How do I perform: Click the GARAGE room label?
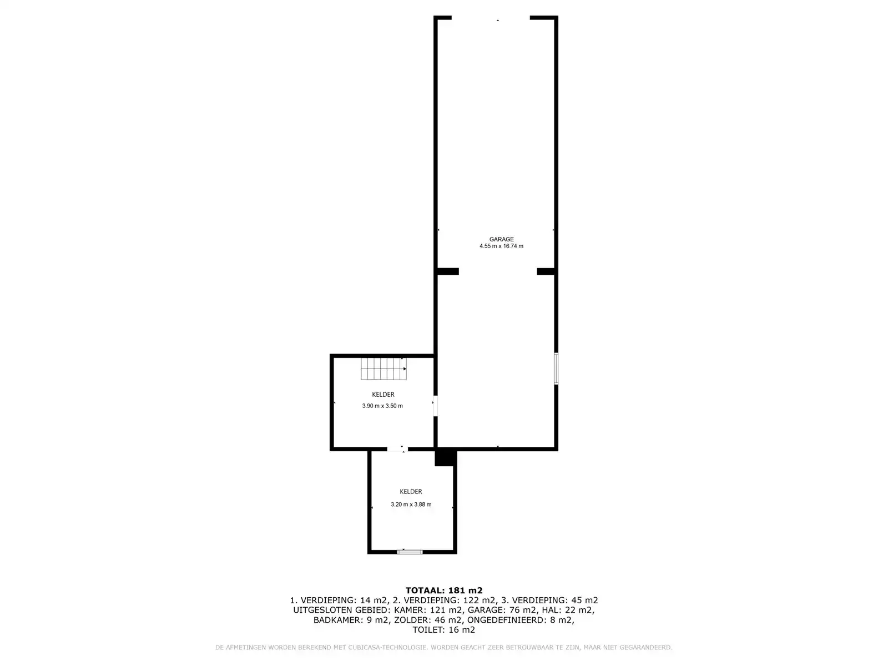coord(501,239)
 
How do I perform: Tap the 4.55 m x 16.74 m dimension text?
coord(501,246)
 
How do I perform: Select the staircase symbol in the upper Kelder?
coord(384,369)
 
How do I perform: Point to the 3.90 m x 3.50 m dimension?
coord(382,406)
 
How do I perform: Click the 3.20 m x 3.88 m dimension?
coord(411,504)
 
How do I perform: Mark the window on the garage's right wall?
coord(556,369)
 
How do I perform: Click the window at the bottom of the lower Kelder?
coord(410,552)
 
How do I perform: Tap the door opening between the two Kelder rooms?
coord(397,449)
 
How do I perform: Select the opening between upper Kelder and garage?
coord(435,406)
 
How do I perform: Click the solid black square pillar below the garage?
coord(445,458)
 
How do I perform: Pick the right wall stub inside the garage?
coord(546,271)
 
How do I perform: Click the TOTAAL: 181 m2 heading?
coord(444,591)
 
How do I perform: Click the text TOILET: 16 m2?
coord(444,629)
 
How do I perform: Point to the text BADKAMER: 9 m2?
coord(351,620)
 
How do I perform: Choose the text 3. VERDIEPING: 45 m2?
coord(549,601)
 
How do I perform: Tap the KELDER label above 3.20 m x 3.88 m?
coord(411,492)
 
